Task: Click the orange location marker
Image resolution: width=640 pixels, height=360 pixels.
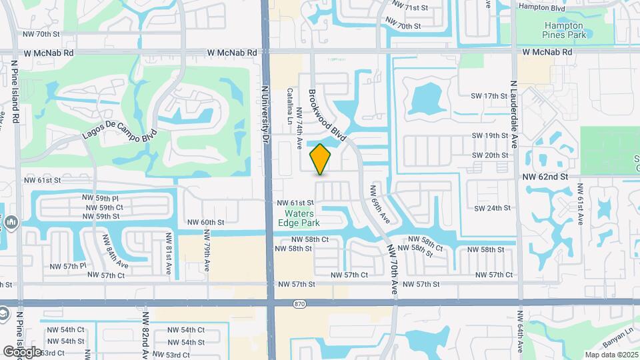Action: pyautogui.click(x=321, y=159)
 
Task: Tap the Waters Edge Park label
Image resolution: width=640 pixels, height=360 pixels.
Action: pyautogui.click(x=298, y=218)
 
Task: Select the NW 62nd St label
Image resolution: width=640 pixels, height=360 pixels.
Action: pyautogui.click(x=545, y=177)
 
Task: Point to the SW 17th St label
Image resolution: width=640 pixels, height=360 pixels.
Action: pyautogui.click(x=490, y=97)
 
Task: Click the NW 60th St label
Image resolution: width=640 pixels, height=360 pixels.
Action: pyautogui.click(x=205, y=223)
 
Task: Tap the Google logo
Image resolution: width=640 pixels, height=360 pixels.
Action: pyautogui.click(x=22, y=351)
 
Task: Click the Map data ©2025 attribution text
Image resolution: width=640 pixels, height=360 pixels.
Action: pyautogui.click(x=611, y=355)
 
